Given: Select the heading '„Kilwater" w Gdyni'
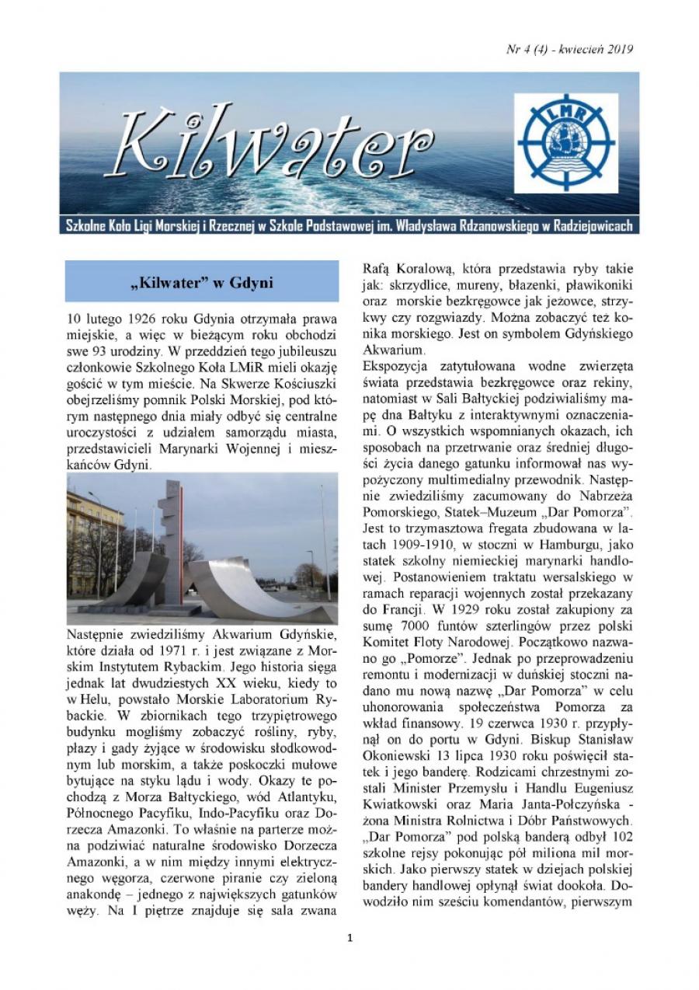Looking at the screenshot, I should pos(201,281).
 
